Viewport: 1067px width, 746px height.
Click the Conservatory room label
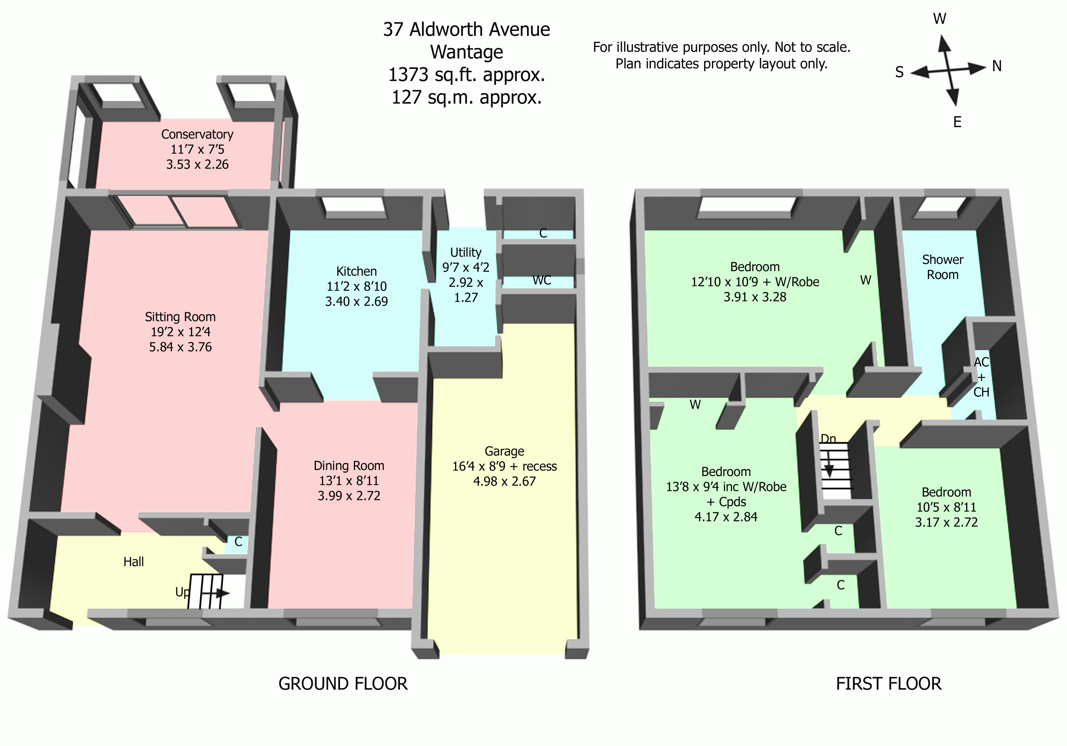[x=197, y=134]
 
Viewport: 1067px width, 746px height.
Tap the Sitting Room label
[x=180, y=317]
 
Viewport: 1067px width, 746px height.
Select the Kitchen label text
[x=357, y=271]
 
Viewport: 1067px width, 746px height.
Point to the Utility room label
[x=466, y=252]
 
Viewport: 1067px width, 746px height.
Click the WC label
[x=542, y=280]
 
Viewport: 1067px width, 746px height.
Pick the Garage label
[x=504, y=451]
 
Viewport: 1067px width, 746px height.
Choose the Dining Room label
[x=349, y=466]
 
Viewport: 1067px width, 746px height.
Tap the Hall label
[x=133, y=562]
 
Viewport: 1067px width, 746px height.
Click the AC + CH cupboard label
[x=981, y=377]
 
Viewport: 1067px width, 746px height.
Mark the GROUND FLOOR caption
[x=343, y=684]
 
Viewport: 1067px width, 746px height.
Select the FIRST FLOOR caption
[x=888, y=684]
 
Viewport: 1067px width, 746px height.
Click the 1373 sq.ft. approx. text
[x=466, y=74]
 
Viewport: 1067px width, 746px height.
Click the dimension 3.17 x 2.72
[x=946, y=522]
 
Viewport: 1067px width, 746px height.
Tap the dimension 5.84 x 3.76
[x=180, y=347]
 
